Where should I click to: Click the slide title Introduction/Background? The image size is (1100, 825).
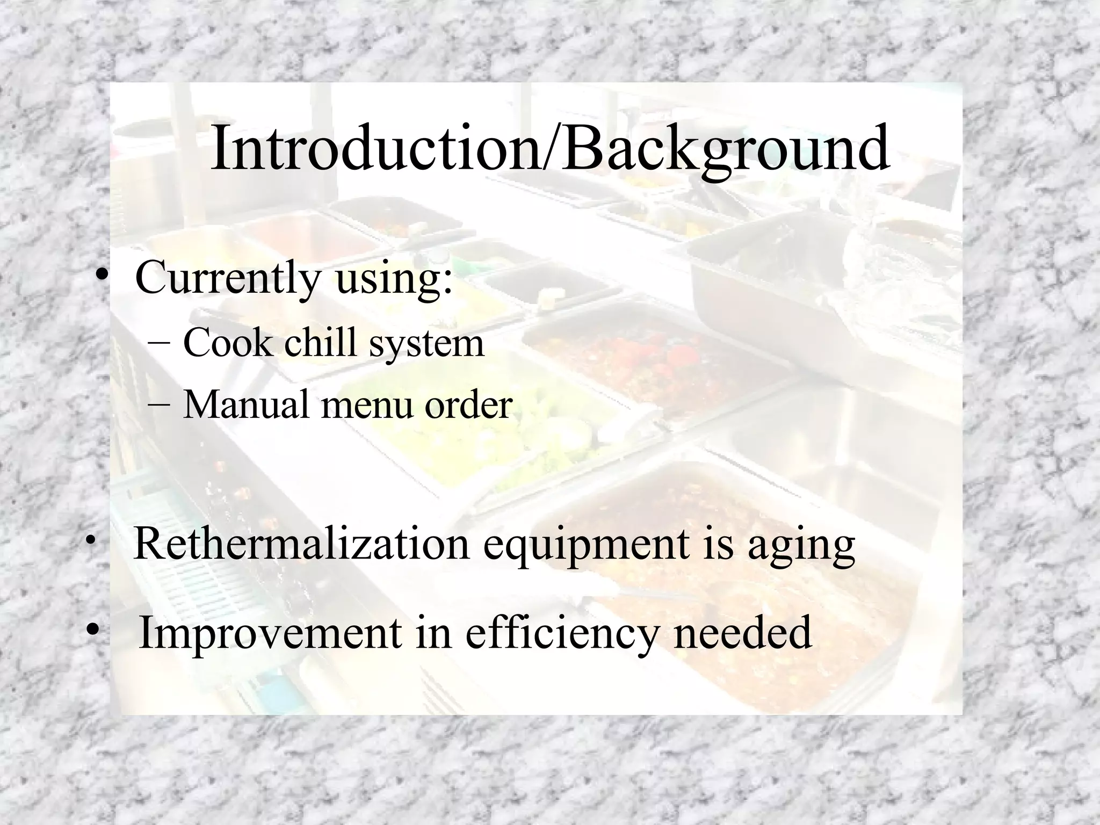[x=549, y=148]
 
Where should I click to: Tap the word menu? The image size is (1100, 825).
[x=367, y=405]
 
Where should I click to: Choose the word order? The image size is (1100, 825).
[x=468, y=404]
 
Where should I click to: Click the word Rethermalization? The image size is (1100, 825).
[x=301, y=544]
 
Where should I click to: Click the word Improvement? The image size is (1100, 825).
[x=270, y=633]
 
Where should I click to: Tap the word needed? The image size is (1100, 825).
[x=742, y=633]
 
